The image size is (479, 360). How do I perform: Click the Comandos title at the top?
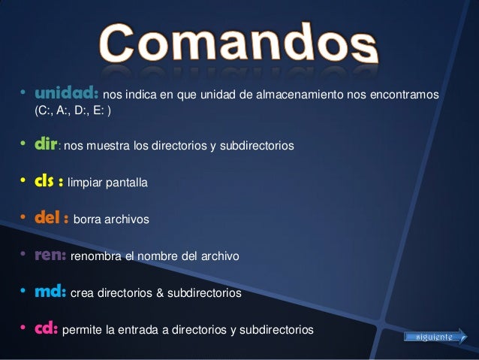coord(237,44)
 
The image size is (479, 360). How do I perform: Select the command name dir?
coord(47,143)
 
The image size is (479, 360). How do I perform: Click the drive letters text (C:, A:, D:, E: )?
coord(74,111)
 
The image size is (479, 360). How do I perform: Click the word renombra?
coord(95,257)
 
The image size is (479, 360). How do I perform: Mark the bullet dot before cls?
coord(23,180)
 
